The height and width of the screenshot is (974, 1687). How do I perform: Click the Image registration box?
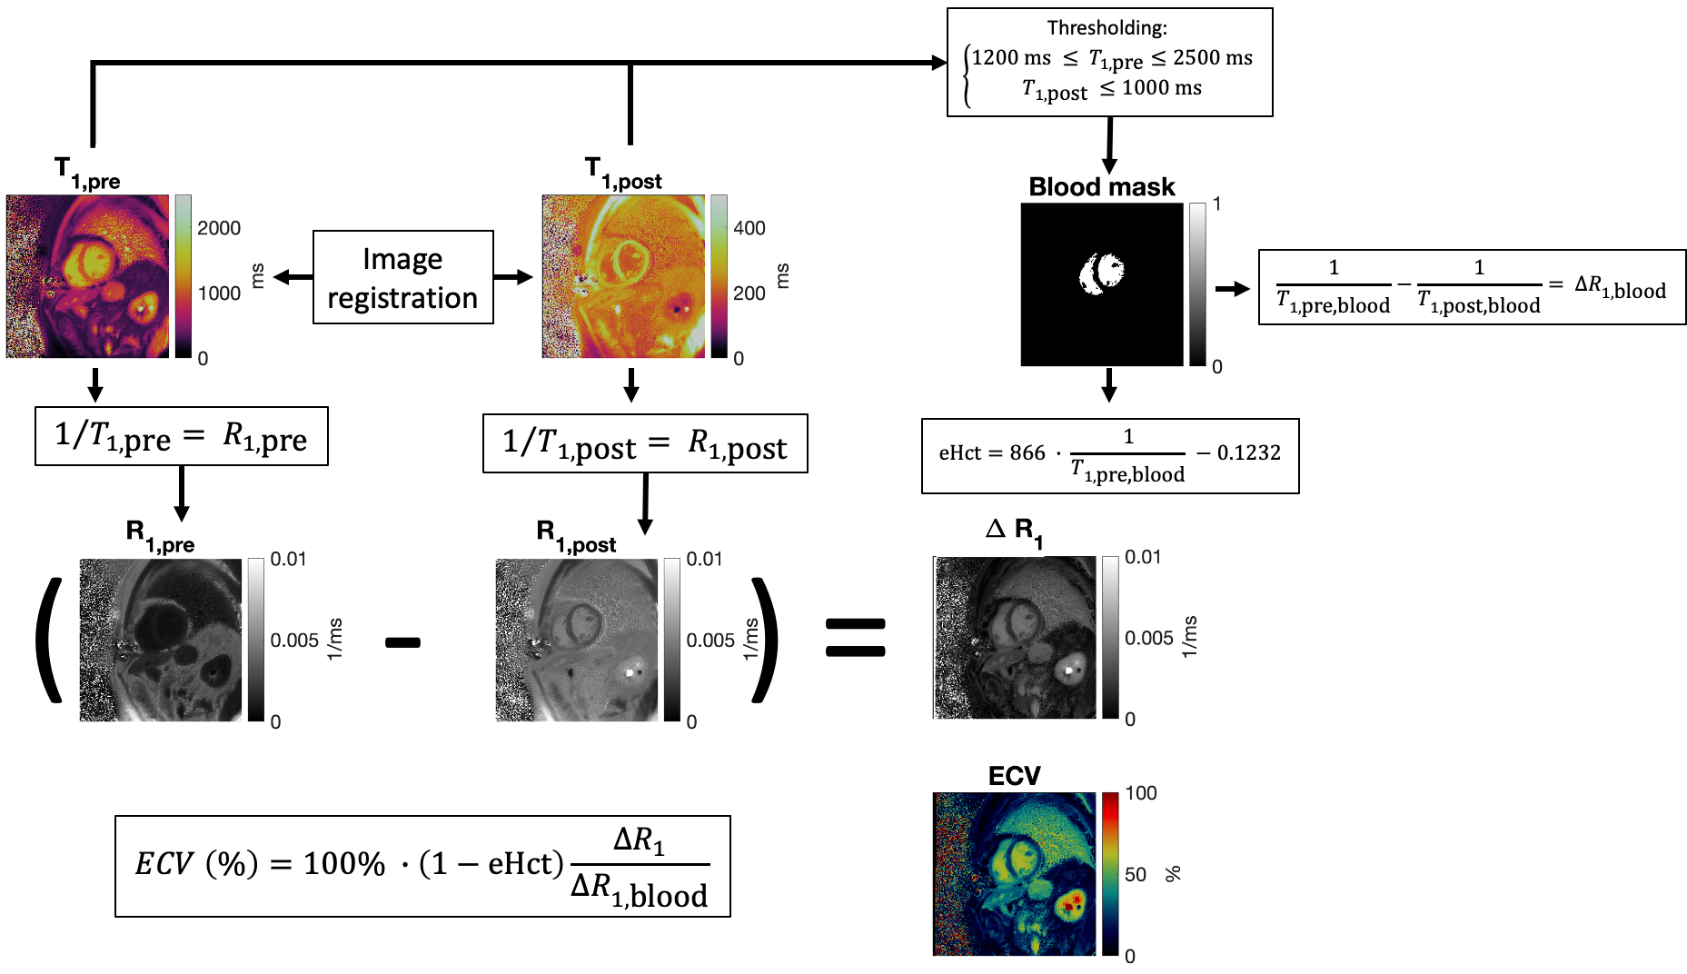pos(402,277)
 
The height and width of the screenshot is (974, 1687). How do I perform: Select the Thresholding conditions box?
pos(1109,63)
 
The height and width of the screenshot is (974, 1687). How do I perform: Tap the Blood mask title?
pos(1101,187)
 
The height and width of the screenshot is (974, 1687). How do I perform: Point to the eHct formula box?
pos(1109,455)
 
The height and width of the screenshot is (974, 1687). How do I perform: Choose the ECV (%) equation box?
pos(422,866)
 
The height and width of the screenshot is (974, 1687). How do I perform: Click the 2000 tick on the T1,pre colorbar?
pos(219,228)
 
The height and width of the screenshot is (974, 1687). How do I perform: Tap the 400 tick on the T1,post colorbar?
pos(749,228)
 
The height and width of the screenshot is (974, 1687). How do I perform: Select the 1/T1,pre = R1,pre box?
pos(181,437)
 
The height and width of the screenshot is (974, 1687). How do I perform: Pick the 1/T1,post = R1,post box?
pos(644,444)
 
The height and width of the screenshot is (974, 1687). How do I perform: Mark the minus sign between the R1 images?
pos(402,642)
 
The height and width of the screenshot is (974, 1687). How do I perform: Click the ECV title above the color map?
pos(1014,776)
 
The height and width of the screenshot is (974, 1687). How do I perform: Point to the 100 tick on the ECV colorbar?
pos(1141,793)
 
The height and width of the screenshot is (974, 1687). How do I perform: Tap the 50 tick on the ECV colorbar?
pos(1136,874)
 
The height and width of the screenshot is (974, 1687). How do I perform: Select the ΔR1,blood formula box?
pos(1471,287)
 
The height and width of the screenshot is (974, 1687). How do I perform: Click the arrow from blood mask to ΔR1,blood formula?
pos(1233,289)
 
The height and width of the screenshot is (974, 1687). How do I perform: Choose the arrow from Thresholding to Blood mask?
pos(1109,145)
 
